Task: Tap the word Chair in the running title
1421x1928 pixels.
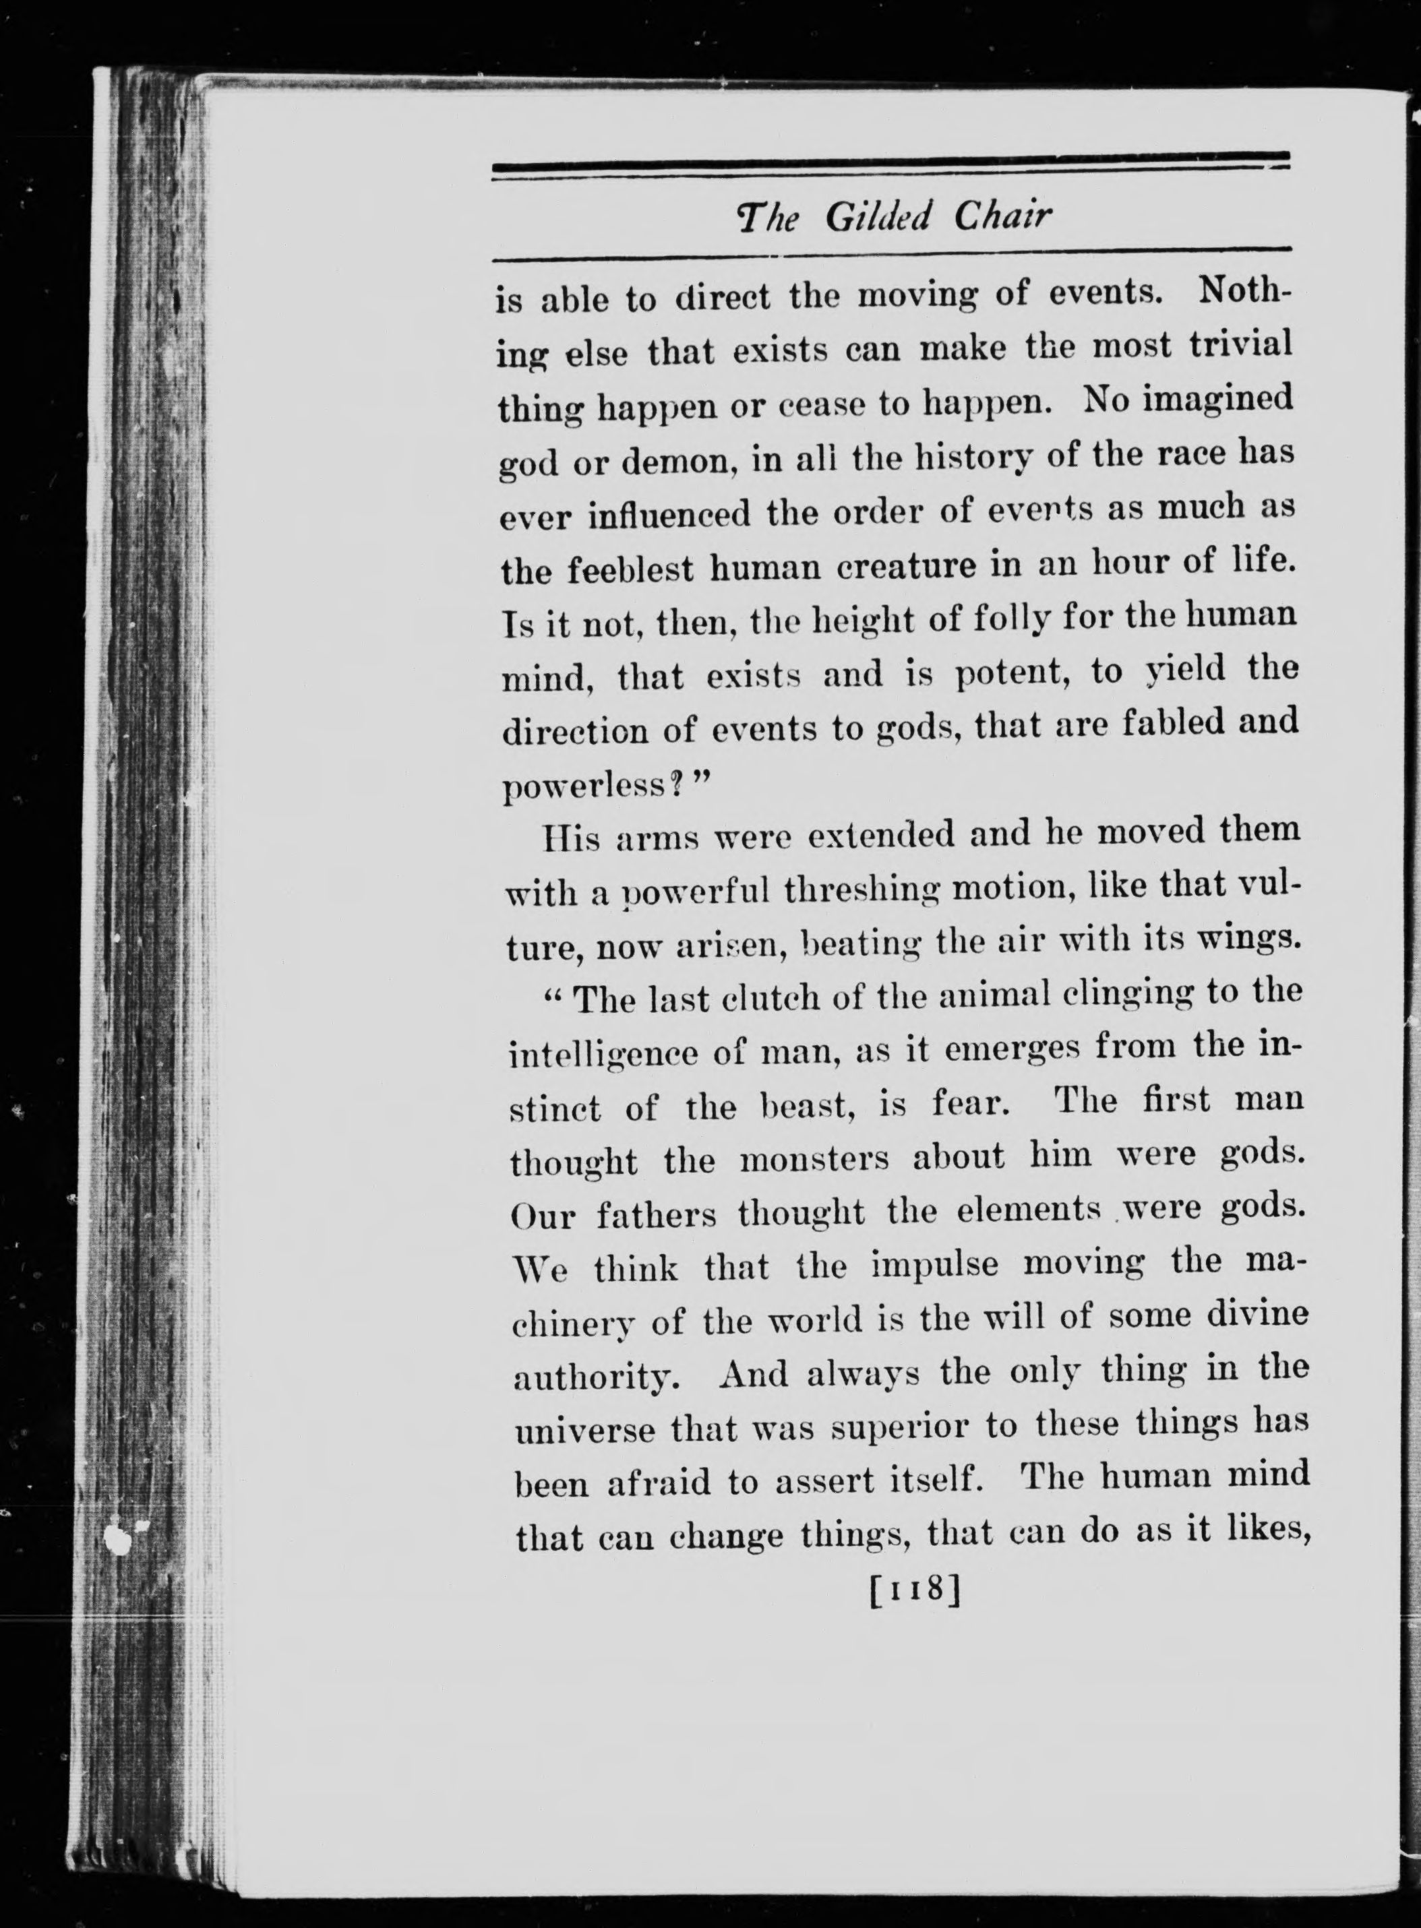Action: (1002, 216)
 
